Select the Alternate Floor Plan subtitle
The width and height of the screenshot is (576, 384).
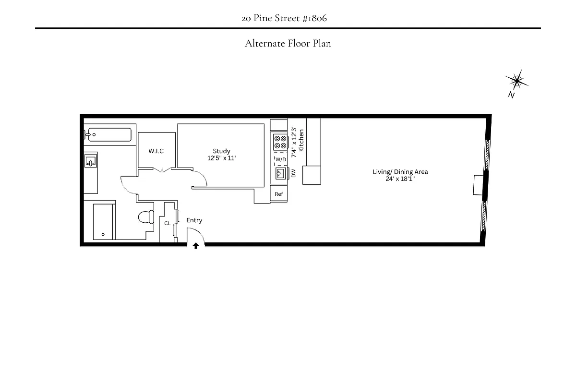click(x=288, y=43)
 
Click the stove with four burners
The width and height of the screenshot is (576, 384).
click(x=280, y=142)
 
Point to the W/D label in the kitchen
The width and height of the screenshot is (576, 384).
click(x=280, y=159)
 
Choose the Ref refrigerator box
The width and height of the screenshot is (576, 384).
click(x=279, y=194)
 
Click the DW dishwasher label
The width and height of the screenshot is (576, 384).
click(x=293, y=173)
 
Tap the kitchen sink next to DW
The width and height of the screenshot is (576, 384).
click(x=280, y=173)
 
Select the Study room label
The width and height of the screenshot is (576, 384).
click(x=221, y=151)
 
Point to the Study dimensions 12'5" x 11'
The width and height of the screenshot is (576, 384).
click(x=221, y=158)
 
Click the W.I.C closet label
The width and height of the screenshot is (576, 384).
click(x=156, y=151)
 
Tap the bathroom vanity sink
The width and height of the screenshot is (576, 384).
click(x=91, y=162)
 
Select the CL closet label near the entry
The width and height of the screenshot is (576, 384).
click(x=167, y=223)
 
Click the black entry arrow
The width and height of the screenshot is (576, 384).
click(x=196, y=246)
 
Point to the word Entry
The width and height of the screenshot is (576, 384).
click(x=194, y=220)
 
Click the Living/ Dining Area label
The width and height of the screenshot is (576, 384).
click(x=400, y=172)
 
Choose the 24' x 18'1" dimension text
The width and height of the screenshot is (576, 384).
click(x=400, y=179)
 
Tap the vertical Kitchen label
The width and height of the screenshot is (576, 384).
click(x=301, y=140)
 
